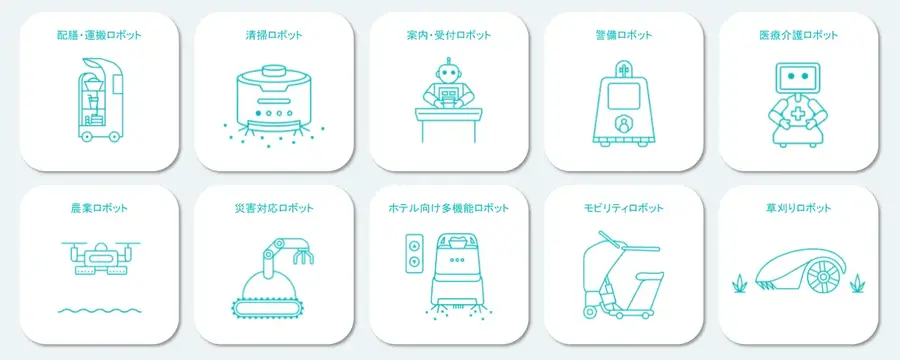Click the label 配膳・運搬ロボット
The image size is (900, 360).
click(x=99, y=36)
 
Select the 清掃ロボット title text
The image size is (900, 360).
click(x=272, y=36)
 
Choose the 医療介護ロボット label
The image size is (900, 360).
click(x=798, y=36)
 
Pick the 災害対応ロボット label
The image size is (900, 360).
click(x=272, y=209)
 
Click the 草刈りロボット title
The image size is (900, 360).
click(x=798, y=209)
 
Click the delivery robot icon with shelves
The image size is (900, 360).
click(x=97, y=100)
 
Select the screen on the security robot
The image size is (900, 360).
click(x=624, y=98)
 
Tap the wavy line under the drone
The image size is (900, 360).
click(x=98, y=310)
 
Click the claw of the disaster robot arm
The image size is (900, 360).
click(x=297, y=259)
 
